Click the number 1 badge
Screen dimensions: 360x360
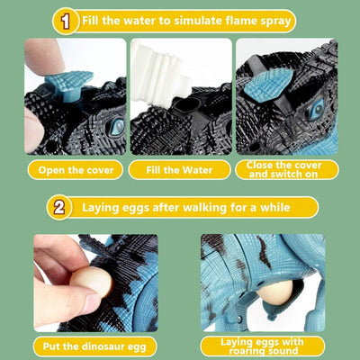point(66,22)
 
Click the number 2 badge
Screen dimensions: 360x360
point(59,207)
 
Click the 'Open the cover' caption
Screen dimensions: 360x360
point(76,170)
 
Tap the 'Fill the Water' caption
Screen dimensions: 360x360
point(179,170)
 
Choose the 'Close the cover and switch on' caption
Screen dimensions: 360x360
point(283,169)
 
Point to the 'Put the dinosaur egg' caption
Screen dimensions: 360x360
point(94,346)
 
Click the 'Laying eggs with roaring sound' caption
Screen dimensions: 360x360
point(262,346)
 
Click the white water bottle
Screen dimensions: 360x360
point(160,76)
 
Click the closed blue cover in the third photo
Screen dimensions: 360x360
point(268,85)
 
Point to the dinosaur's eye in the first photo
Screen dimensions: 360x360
point(117,126)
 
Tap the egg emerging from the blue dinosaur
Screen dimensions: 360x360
point(275,292)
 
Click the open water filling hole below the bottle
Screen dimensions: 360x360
point(186,105)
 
